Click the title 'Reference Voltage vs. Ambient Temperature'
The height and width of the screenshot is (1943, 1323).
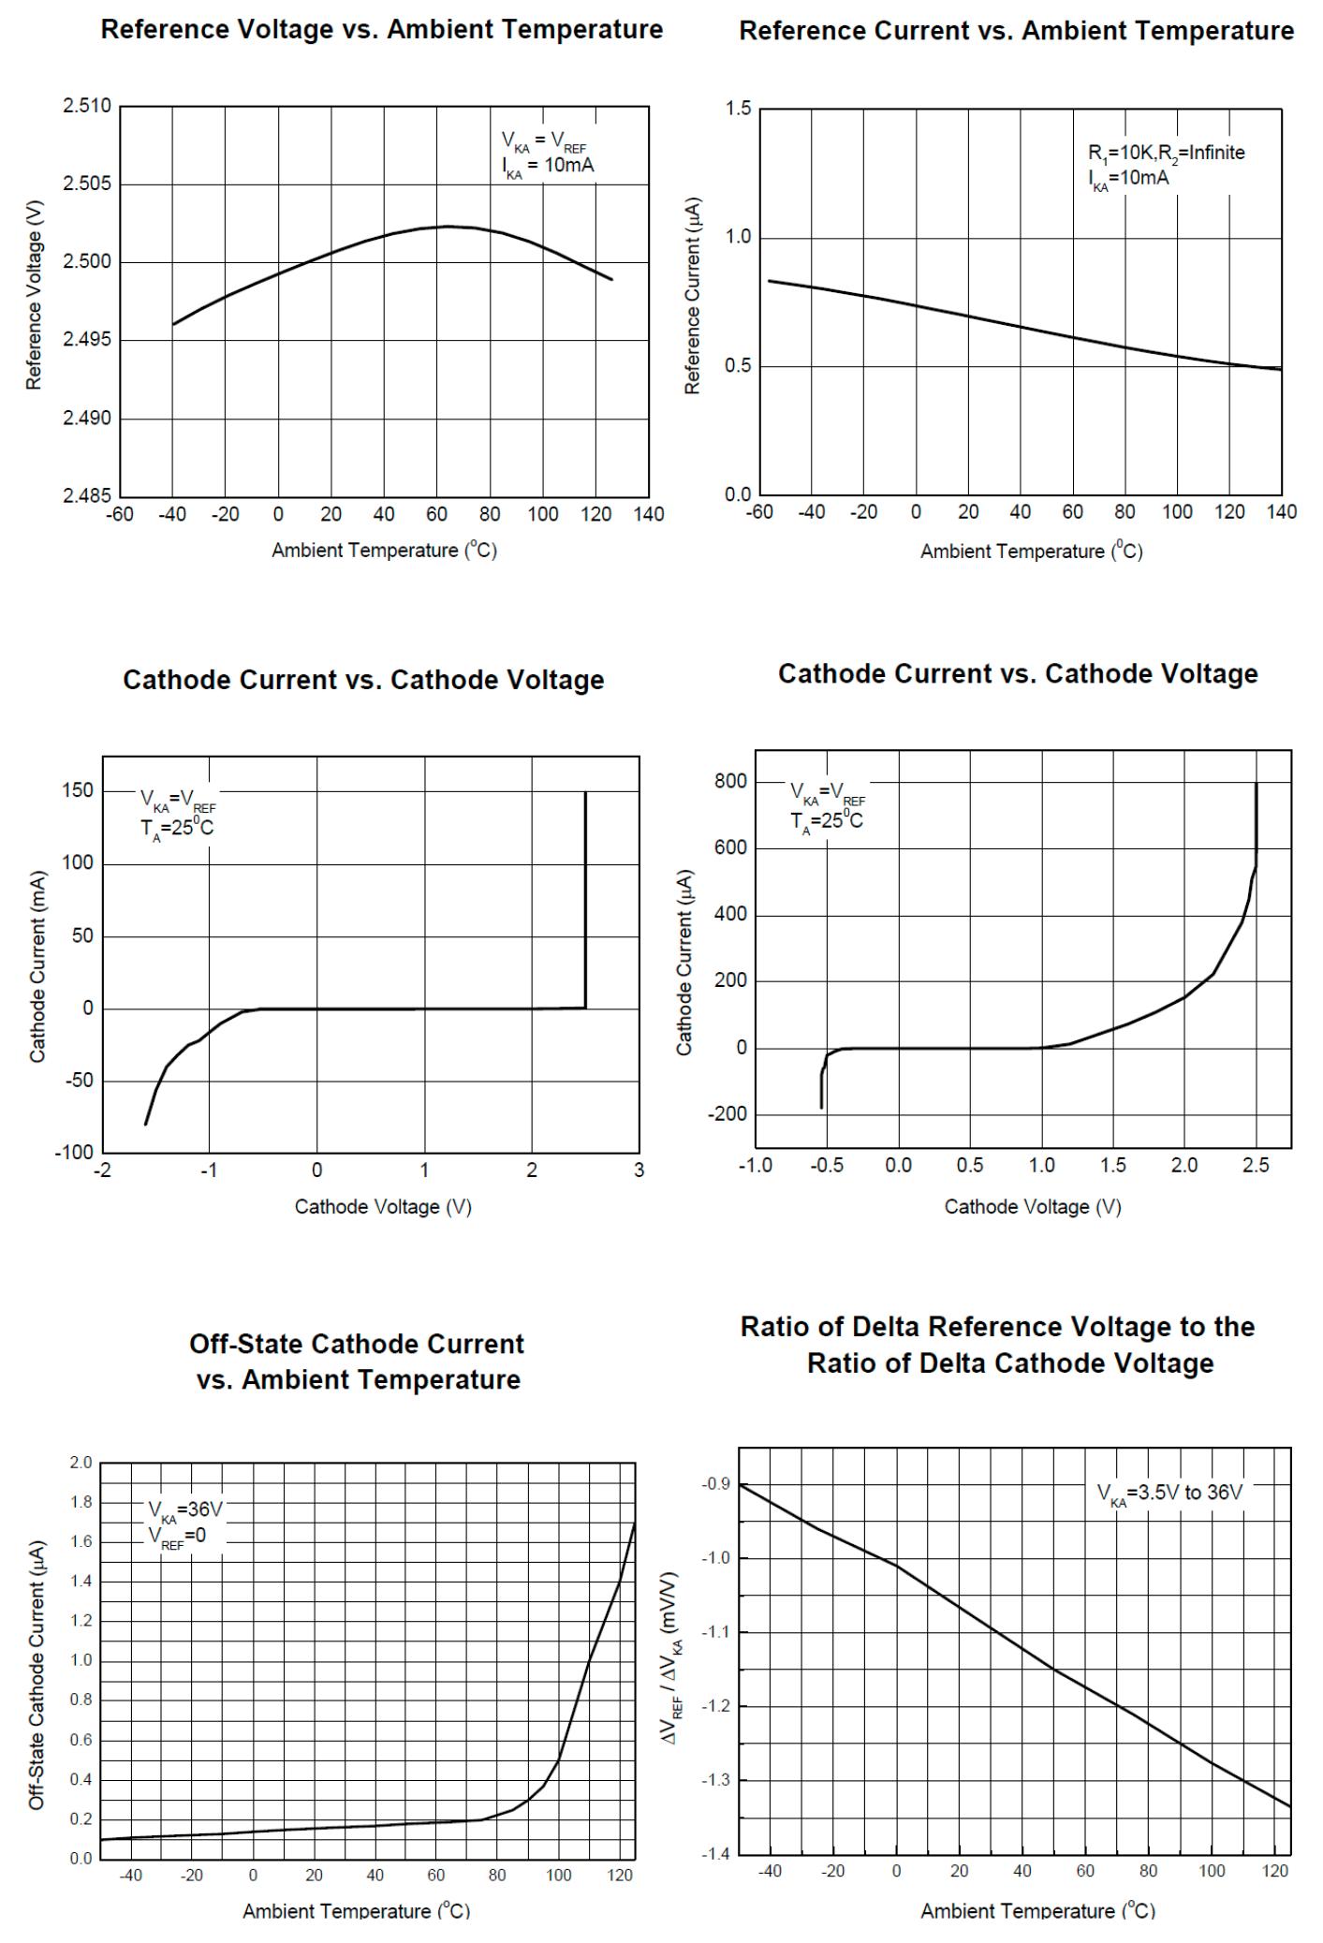pos(381,29)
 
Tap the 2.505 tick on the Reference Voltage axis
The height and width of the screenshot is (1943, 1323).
pos(86,184)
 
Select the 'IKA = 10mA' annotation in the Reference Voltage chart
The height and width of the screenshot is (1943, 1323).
pos(548,166)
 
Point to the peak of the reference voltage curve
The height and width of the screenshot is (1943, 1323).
pos(448,226)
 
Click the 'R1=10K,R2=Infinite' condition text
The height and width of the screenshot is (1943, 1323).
pos(1166,153)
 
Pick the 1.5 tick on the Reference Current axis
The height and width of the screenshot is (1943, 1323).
pos(738,109)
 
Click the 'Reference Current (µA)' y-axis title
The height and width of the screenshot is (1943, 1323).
pos(693,296)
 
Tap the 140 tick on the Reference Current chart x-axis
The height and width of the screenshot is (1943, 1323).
pos(1281,512)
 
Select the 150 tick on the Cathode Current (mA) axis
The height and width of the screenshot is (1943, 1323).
pos(78,790)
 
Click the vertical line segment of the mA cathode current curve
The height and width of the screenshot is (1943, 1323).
pos(585,899)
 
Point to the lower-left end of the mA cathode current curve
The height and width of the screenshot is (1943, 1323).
pos(146,1123)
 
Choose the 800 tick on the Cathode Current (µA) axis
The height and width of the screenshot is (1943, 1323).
pos(730,781)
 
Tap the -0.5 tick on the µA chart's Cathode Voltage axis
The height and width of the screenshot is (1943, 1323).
pos(827,1166)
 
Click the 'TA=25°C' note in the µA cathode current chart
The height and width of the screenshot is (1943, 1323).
pos(827,821)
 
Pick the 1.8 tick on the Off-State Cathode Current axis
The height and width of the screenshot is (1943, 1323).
pos(81,1502)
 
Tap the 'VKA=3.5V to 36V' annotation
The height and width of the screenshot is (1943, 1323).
pos(1169,1493)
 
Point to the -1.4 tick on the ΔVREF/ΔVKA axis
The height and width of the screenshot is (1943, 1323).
pos(717,1854)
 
